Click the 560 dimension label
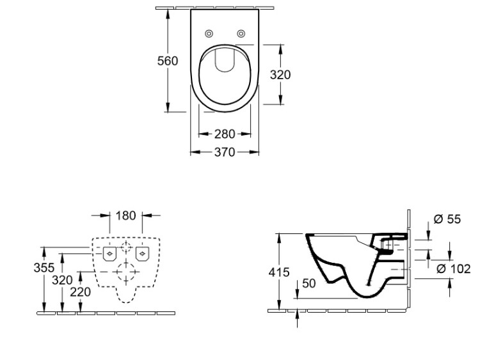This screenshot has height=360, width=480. click(x=168, y=61)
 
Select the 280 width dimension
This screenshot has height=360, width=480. click(x=224, y=134)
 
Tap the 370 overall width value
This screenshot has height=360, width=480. click(x=224, y=152)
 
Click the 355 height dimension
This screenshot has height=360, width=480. click(x=44, y=267)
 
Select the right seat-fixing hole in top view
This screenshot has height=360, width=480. click(x=241, y=33)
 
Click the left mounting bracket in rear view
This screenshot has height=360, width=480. click(x=109, y=254)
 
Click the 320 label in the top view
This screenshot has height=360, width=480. click(x=280, y=75)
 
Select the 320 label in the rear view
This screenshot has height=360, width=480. click(x=62, y=279)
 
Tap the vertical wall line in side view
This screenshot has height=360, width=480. click(x=407, y=262)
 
